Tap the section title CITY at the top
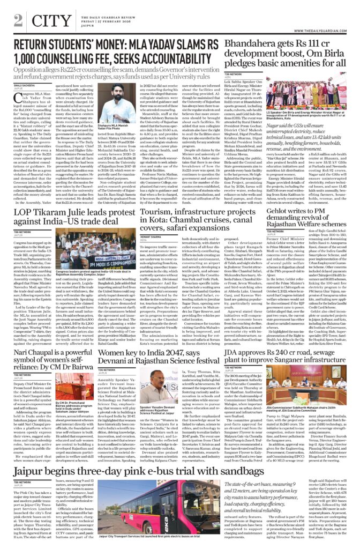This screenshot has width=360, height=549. click(x=45, y=20)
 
